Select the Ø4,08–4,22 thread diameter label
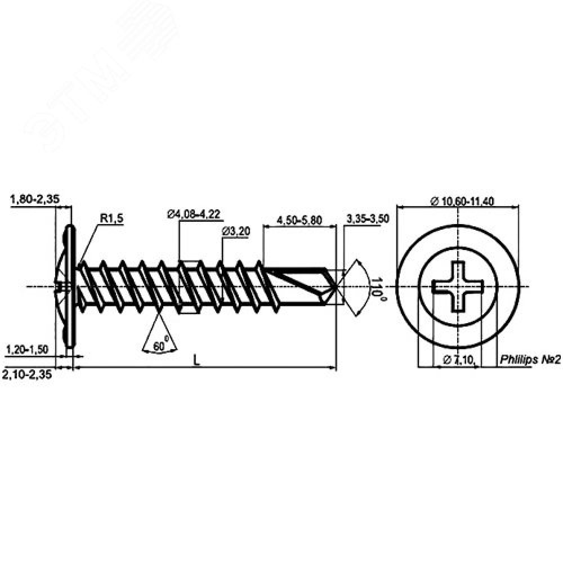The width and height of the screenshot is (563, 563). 194,214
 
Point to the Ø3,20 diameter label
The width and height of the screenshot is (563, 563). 236,231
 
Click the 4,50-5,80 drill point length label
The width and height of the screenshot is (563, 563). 300,220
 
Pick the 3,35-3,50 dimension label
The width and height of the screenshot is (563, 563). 369,219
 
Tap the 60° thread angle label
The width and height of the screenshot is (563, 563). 162,346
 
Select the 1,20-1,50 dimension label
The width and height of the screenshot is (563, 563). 27,350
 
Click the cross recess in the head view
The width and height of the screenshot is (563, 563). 458,287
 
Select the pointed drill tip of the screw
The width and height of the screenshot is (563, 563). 336,287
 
